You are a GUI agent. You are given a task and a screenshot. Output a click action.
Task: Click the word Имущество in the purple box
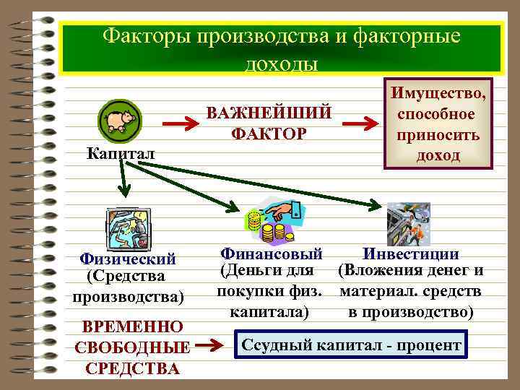[x=438, y=94]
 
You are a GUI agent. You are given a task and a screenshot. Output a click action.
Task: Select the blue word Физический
[x=129, y=259]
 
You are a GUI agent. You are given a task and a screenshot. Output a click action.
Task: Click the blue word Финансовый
[x=271, y=253]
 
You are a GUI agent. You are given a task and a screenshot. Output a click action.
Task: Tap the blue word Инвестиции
[x=410, y=253]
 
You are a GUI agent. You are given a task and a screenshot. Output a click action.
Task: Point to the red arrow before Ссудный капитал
[x=213, y=346]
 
